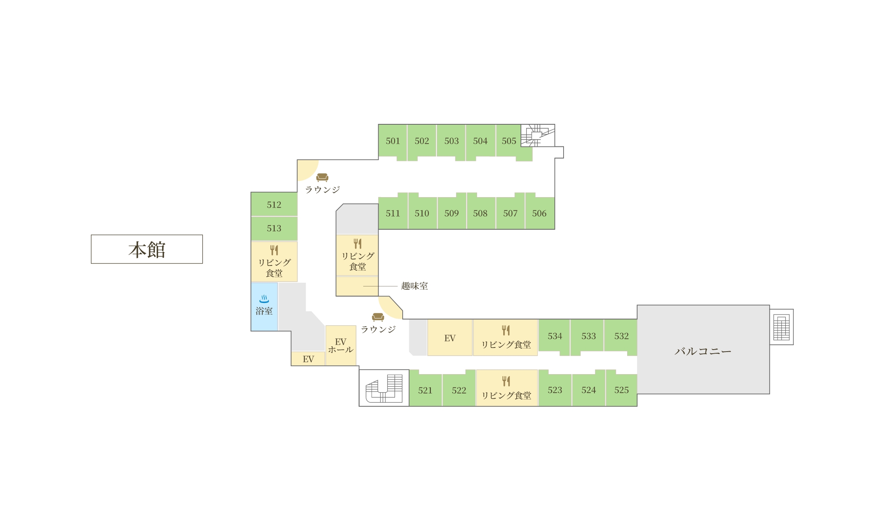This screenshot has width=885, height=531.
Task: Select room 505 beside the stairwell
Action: [509, 141]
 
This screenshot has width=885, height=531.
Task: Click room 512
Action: [274, 204]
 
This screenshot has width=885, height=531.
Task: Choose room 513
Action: [274, 228]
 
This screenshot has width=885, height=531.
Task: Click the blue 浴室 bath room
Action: [264, 307]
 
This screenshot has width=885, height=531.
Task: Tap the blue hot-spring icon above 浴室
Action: [264, 298]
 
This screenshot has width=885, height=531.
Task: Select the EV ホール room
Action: [341, 346]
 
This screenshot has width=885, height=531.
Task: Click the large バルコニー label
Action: [703, 351]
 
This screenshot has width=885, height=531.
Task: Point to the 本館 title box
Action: [147, 249]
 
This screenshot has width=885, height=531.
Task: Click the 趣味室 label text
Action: [414, 286]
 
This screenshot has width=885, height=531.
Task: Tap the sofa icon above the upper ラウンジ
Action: [322, 177]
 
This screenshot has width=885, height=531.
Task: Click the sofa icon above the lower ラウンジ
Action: [378, 317]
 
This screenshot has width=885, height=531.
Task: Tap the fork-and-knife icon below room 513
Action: [274, 250]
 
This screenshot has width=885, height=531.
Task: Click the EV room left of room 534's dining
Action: [450, 338]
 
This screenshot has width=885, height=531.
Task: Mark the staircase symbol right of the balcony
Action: [782, 327]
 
